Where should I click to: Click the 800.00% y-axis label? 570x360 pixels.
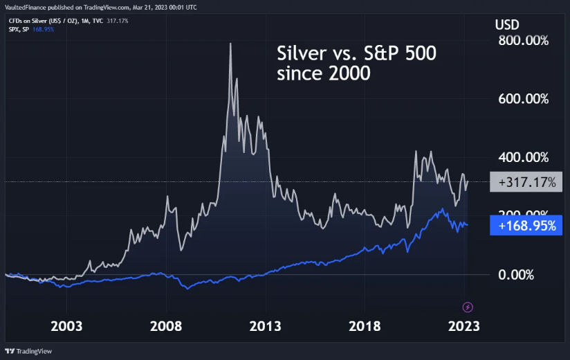click(x=523, y=41)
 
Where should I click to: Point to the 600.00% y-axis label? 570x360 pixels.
click(x=523, y=100)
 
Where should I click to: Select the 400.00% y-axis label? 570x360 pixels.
click(x=523, y=158)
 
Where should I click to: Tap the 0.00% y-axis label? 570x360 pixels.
click(x=516, y=275)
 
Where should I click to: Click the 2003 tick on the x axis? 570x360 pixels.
click(x=67, y=326)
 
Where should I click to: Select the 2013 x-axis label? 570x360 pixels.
click(x=266, y=326)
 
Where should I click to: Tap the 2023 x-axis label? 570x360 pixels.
click(x=465, y=326)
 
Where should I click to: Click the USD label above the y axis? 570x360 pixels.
click(x=507, y=24)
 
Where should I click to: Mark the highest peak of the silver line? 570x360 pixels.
click(x=230, y=44)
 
